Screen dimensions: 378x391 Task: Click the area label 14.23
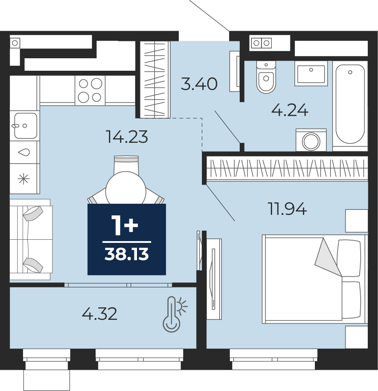click(x=127, y=137)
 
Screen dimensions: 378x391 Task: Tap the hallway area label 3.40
click(x=199, y=84)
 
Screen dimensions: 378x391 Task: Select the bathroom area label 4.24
click(x=290, y=110)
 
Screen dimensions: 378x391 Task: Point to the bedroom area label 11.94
click(x=287, y=209)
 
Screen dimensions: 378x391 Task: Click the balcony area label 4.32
click(x=100, y=314)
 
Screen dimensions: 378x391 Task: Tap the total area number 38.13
click(x=127, y=254)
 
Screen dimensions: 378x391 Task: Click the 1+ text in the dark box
click(x=125, y=226)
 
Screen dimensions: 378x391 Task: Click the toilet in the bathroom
click(x=266, y=77)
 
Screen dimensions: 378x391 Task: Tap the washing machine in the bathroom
click(x=311, y=140)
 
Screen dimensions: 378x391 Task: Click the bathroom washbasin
click(x=311, y=73)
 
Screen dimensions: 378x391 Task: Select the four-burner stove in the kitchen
click(x=90, y=90)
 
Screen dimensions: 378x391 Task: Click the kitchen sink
click(x=25, y=126)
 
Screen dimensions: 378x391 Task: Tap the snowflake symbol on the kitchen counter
click(x=24, y=179)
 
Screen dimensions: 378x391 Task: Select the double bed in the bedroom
click(x=315, y=279)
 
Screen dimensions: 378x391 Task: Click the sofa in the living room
click(x=31, y=239)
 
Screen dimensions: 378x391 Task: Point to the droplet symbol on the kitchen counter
click(x=24, y=152)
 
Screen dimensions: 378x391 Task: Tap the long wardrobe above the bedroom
click(x=287, y=168)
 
